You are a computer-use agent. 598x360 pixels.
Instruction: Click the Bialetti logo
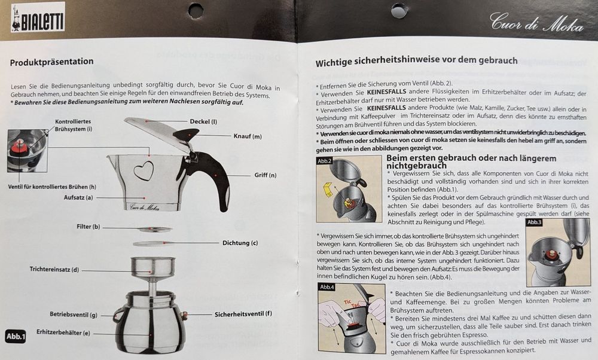pyautogui.click(x=38, y=17)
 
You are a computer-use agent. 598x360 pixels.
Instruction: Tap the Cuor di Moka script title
pyautogui.click(x=536, y=22)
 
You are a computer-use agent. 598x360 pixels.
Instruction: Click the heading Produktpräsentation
pyautogui.click(x=51, y=62)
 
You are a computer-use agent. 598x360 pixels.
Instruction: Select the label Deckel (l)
pyautogui.click(x=203, y=121)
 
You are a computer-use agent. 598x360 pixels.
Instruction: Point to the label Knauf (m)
pyautogui.click(x=248, y=136)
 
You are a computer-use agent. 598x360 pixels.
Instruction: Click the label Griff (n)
pyautogui.click(x=266, y=175)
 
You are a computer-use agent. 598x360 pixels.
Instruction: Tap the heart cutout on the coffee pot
pyautogui.click(x=144, y=170)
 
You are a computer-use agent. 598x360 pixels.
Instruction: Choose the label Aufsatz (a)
pyautogui.click(x=78, y=197)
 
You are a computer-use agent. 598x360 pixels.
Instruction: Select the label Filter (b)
pyautogui.click(x=88, y=227)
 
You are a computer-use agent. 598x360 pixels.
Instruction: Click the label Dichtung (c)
pyautogui.click(x=240, y=243)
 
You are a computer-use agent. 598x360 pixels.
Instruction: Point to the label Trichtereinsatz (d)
pyautogui.click(x=54, y=269)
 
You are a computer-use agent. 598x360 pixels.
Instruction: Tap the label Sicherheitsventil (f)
pyautogui.click(x=243, y=314)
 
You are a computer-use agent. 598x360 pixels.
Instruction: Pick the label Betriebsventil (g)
pyautogui.click(x=73, y=315)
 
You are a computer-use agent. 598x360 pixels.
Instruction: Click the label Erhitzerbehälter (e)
pyautogui.click(x=63, y=332)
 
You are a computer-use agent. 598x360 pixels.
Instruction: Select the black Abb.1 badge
pyautogui.click(x=16, y=336)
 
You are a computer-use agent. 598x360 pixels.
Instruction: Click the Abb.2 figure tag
pyautogui.click(x=325, y=161)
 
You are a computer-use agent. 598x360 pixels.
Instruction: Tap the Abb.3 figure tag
pyautogui.click(x=534, y=222)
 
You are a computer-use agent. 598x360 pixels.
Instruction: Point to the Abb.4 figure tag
pyautogui.click(x=327, y=287)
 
